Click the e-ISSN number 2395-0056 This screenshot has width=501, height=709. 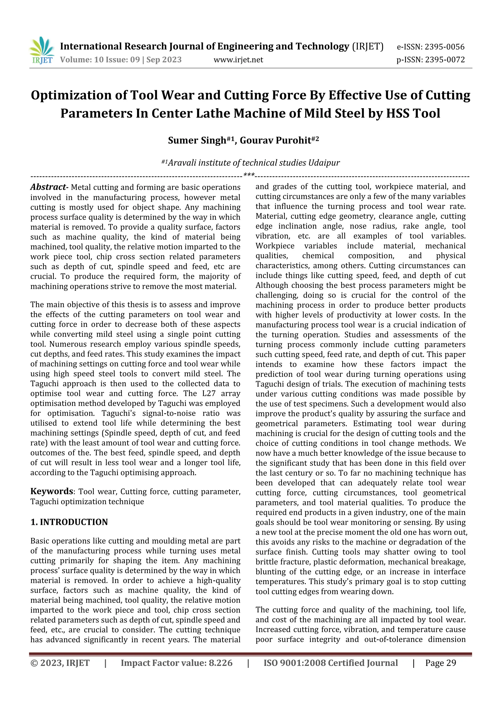[x=444, y=47]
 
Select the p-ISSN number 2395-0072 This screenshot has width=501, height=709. [x=444, y=59]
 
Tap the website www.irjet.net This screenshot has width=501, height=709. [x=238, y=59]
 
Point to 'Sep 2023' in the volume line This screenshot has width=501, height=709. [x=164, y=59]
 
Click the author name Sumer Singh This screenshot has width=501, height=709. [x=197, y=141]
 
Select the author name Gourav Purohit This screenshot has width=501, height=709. [x=275, y=141]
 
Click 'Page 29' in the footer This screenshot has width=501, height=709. [x=441, y=663]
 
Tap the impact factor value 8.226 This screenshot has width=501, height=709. [x=221, y=663]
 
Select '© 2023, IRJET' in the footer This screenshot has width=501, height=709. [x=60, y=663]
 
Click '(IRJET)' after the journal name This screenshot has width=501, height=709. [x=368, y=47]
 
